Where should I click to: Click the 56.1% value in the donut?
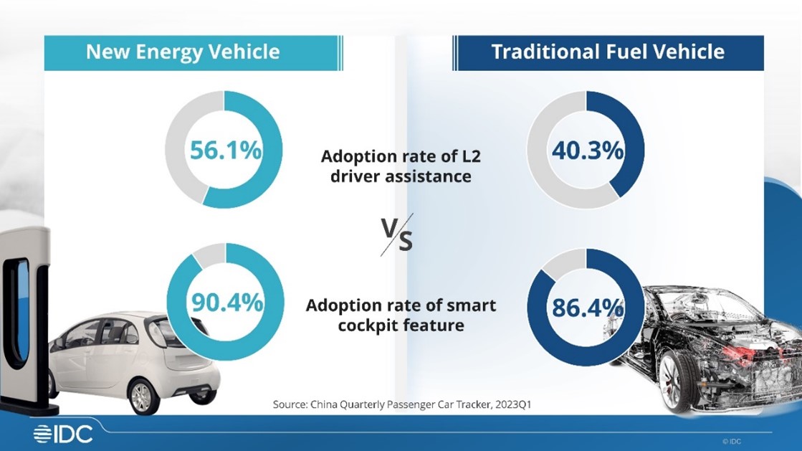pos(225,151)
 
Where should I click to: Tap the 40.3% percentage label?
pos(587,151)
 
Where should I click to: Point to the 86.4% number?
pos(587,308)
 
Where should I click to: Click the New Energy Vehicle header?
pos(183,52)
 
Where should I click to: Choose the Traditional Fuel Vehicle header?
pos(607,52)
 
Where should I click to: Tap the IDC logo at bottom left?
pos(63,433)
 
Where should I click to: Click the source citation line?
pos(401,404)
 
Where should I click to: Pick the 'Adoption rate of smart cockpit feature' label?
pos(401,315)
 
